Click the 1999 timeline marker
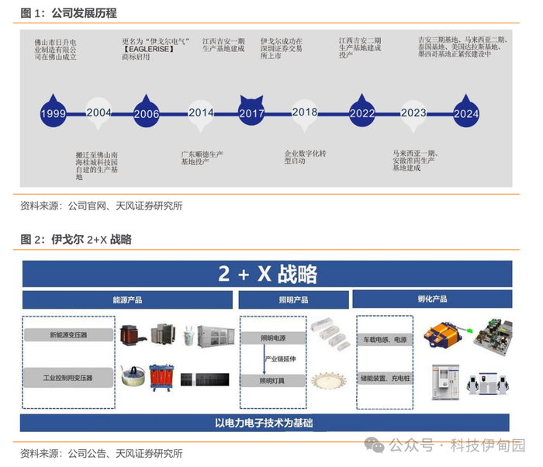pos(53,112)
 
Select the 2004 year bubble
pos(99,112)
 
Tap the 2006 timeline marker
pos(147,112)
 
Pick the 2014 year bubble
pos(202,112)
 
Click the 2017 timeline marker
pos(251,112)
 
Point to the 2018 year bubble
pos(305,112)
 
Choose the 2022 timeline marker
pos(361,112)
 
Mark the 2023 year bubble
pos(414,112)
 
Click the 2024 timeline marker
pos(465,112)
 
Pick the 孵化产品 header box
pos(432,299)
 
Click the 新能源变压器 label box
pos(68,335)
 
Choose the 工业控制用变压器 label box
pos(68,378)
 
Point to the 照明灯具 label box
pos(272,381)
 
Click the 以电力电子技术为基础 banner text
pos(265,423)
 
